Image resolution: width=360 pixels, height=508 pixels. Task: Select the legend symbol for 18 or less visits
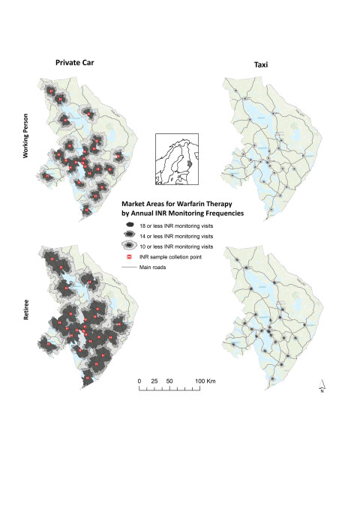pos(130,224)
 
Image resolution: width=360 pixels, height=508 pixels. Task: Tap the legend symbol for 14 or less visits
pos(130,235)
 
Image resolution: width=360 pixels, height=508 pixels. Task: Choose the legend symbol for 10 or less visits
pos(130,245)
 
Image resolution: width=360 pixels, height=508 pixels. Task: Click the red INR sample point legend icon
pos(130,255)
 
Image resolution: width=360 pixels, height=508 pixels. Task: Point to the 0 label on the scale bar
pos(139,381)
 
